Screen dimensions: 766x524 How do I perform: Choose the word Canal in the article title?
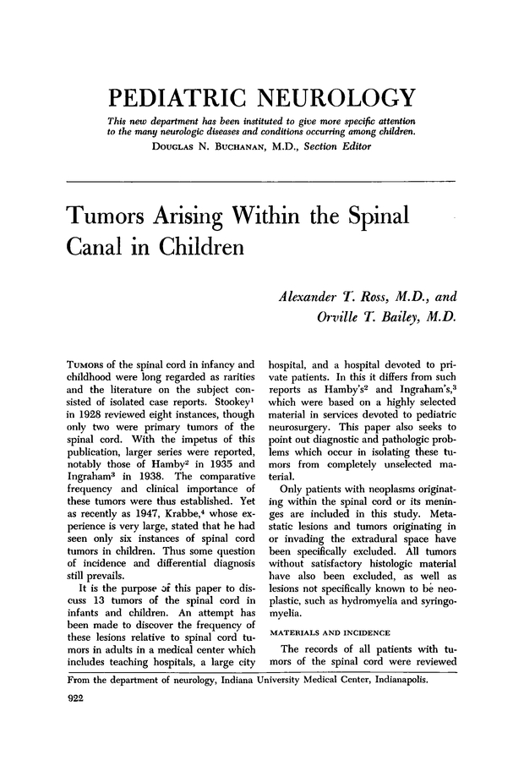[102, 249]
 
